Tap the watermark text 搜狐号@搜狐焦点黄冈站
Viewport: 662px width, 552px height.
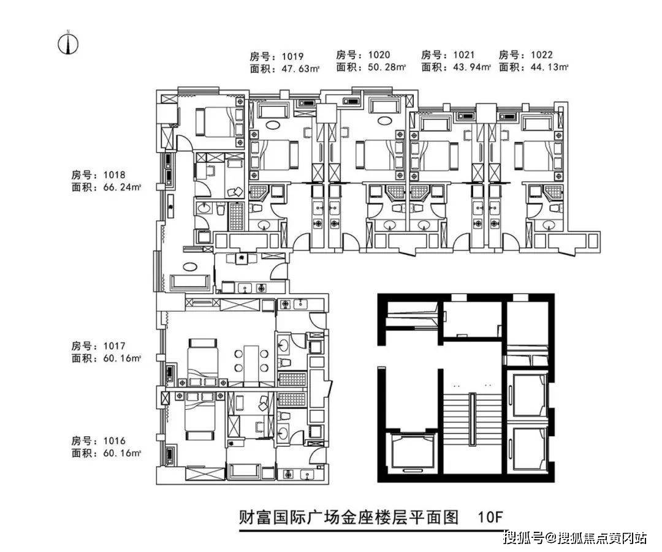[x=574, y=539]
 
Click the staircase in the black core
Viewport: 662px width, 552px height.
[x=472, y=420]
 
